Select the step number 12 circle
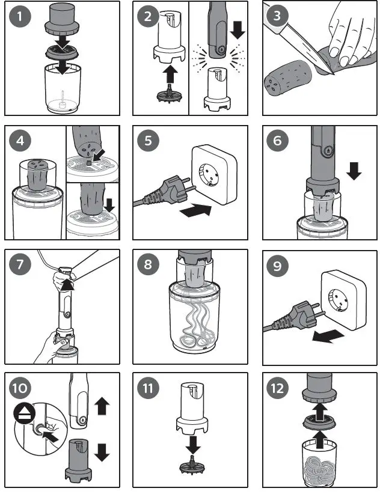pos(278,388)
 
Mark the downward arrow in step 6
pos(354,171)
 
